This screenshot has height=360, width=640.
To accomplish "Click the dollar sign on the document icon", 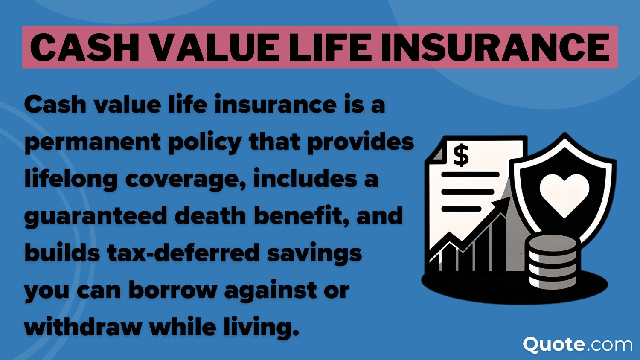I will click(x=461, y=155).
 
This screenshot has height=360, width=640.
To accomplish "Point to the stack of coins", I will click(x=553, y=261).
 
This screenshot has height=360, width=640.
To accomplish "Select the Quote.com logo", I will click(x=578, y=344).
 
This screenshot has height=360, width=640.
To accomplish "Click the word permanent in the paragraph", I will click(x=92, y=142).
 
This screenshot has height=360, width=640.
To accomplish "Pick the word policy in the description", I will click(x=205, y=142).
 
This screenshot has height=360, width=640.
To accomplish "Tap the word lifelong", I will click(x=71, y=179).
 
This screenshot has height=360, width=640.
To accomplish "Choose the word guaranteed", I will click(x=96, y=216).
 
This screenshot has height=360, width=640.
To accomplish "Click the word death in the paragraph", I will click(x=210, y=215).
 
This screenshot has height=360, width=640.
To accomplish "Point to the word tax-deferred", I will click(x=183, y=253).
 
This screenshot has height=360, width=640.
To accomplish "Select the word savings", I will click(x=314, y=253).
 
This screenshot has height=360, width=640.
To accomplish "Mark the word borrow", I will click(x=173, y=290).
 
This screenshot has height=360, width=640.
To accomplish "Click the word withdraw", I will click(x=83, y=327).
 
